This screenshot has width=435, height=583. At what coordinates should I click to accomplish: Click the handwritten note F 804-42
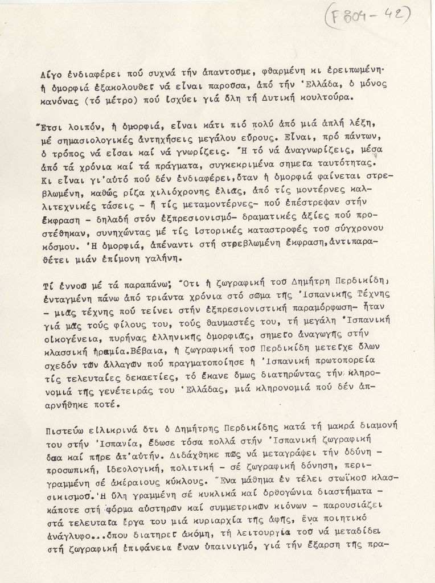click(369, 17)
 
